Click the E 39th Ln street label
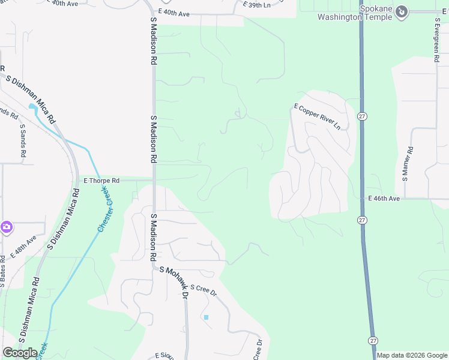tap(257, 5)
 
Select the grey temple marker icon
tap(402, 11)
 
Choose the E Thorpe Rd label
tap(101, 180)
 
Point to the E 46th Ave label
tap(384, 198)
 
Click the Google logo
tap(20, 353)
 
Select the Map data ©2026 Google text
tap(412, 355)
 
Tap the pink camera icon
tap(6, 227)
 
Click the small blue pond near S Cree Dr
tap(206, 317)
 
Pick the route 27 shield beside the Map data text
tap(373, 341)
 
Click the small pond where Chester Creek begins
tap(32, 107)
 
